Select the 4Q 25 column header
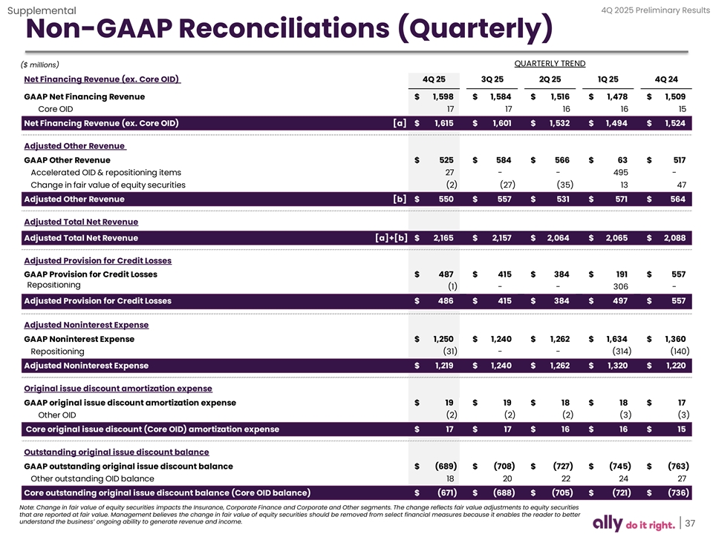point(434,79)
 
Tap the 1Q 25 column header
point(609,79)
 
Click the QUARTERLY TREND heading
point(550,63)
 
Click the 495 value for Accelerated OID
point(617,172)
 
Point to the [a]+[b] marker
point(391,238)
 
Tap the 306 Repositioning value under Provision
point(616,287)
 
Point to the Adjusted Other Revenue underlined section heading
point(76,146)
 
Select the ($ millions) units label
point(42,65)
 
